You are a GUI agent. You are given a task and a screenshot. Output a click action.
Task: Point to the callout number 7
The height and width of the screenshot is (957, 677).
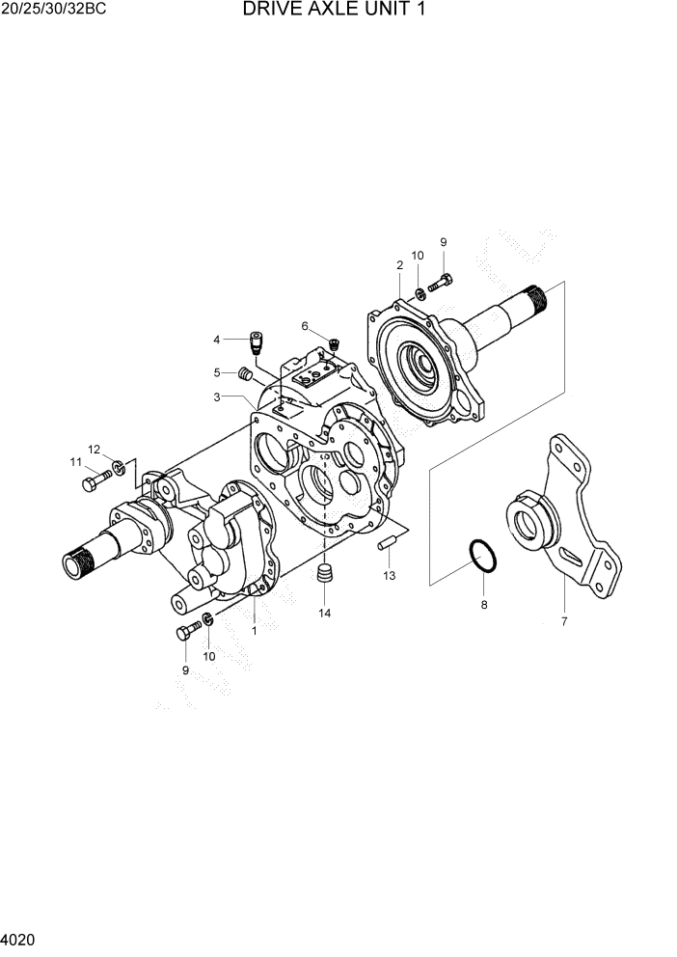[x=564, y=620]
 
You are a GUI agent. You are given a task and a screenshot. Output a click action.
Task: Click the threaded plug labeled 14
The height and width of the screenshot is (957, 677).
[x=325, y=575]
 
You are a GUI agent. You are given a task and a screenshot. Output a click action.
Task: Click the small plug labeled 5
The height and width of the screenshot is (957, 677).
[x=245, y=373]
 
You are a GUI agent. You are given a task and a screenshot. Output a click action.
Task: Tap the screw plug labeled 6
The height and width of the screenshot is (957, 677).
[x=335, y=342]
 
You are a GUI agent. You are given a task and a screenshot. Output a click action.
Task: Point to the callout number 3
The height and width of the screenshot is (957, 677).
[x=218, y=397]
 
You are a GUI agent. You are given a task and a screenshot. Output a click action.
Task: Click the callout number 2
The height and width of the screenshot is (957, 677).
[x=399, y=264]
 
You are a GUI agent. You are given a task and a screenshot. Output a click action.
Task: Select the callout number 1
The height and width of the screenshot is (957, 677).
[x=254, y=630]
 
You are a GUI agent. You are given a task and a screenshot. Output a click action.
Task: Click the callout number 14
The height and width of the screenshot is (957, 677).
[x=325, y=613]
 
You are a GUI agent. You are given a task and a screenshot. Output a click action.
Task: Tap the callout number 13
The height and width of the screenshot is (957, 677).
[x=390, y=576]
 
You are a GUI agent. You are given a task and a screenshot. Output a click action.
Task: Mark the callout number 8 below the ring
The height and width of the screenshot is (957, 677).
[x=484, y=605]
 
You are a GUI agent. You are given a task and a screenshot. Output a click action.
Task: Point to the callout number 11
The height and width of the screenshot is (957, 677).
[x=75, y=462]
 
